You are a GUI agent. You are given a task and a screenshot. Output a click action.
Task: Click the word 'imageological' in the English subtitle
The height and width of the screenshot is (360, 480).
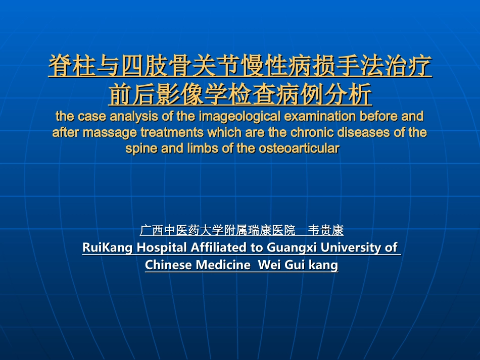236,117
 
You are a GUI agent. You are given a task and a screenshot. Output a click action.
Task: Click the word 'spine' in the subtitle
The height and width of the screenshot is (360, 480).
140,149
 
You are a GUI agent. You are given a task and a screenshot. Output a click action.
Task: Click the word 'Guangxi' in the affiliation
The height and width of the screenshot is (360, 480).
290,248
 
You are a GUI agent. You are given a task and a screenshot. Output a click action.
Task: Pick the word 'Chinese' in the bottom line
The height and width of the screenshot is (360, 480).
168,265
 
